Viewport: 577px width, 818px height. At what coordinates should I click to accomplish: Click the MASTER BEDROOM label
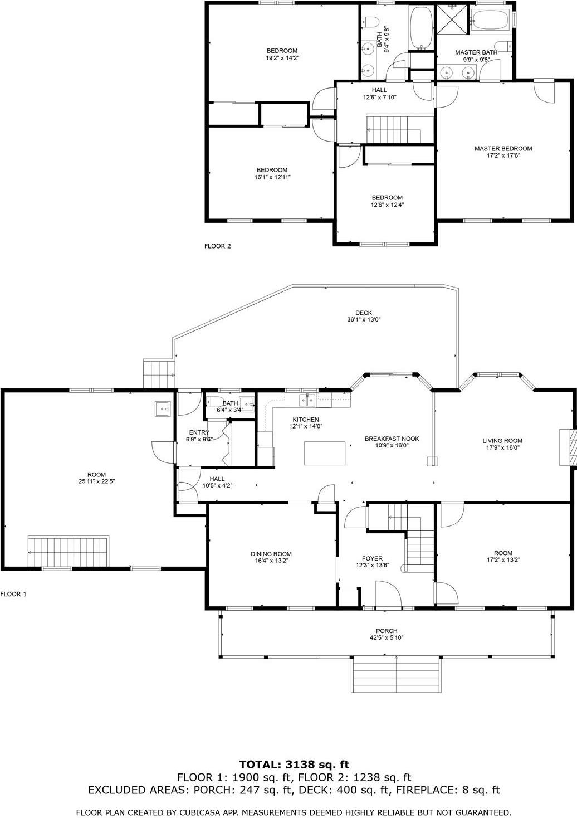click(503, 149)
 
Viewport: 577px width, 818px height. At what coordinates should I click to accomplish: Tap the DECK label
click(364, 313)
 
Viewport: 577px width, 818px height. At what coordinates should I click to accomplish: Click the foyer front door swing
click(388, 593)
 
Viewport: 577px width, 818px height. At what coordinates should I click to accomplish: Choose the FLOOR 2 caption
click(217, 246)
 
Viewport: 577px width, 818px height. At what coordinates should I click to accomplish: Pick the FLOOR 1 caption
click(13, 594)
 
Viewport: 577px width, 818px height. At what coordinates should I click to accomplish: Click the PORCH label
click(387, 631)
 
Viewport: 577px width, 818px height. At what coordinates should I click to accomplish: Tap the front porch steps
click(396, 674)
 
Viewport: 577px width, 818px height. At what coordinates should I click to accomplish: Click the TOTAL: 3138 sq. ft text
click(294, 765)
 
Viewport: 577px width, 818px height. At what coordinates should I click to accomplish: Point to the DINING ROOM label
click(271, 554)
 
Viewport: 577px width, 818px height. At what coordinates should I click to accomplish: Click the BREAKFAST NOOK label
click(392, 439)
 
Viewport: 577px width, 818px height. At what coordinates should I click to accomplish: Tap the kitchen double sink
click(307, 399)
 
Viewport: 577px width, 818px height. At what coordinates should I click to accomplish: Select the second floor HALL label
click(379, 90)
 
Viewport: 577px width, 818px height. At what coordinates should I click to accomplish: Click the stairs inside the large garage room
click(68, 552)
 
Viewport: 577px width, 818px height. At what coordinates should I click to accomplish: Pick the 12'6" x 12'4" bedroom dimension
click(387, 204)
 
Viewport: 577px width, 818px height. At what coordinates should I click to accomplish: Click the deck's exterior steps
click(157, 374)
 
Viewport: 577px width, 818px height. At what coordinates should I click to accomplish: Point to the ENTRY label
click(199, 432)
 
